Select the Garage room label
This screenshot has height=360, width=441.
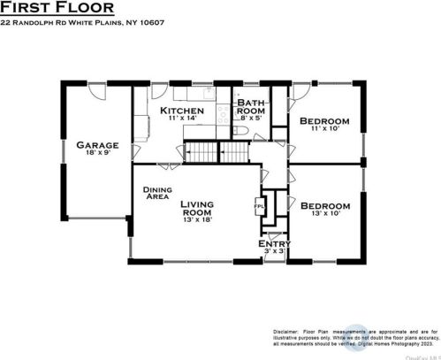coord(97,144)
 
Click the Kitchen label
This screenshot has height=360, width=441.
coord(182,110)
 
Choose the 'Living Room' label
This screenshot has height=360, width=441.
coord(197,209)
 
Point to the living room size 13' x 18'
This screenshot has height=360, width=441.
coord(197,220)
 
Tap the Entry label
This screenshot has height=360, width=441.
coord(274,243)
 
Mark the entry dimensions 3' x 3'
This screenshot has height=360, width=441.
coord(274,252)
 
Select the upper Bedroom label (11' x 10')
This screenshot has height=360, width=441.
coord(324,120)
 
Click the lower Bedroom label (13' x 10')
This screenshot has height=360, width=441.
coord(324,205)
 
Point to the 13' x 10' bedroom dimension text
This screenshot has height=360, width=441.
coord(324,214)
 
